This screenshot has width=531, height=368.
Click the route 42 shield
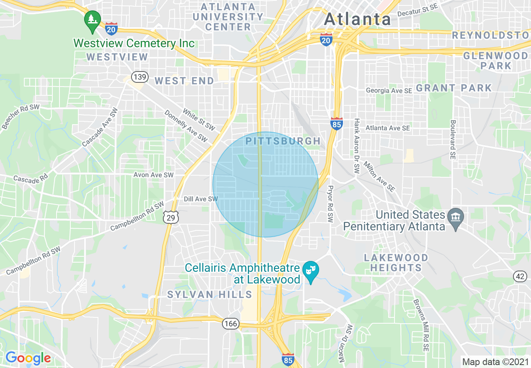(520, 276)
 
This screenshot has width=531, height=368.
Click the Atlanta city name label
(358, 19)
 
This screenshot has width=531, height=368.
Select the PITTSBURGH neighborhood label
(283, 141)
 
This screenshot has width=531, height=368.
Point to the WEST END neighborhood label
(185, 81)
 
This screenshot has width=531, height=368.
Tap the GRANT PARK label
(454, 88)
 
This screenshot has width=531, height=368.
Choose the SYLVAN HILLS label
(209, 294)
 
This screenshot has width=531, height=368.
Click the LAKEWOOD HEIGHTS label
(396, 263)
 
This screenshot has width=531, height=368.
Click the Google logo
(28, 358)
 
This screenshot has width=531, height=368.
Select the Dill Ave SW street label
(201, 199)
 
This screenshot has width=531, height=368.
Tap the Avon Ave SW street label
(153, 175)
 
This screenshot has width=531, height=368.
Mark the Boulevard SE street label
(453, 140)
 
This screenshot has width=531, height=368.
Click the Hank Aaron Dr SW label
(357, 146)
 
